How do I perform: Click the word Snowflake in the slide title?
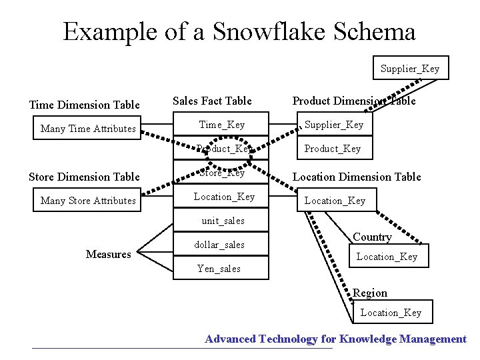(266, 31)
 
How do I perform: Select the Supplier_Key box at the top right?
(410, 69)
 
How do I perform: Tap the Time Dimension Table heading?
(85, 105)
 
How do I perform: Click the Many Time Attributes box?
(88, 129)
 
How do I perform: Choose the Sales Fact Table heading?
(212, 101)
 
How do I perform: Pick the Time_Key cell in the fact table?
(222, 125)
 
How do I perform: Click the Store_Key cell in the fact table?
(222, 173)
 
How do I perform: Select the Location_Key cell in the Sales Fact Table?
(224, 197)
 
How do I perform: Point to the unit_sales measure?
(223, 221)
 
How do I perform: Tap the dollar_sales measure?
(219, 245)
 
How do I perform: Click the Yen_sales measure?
(219, 269)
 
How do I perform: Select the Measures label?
(109, 254)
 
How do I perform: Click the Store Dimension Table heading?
(85, 177)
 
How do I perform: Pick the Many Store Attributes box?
(88, 201)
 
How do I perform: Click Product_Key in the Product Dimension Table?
(333, 149)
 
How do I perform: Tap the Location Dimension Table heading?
(357, 177)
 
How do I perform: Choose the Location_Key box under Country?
(387, 257)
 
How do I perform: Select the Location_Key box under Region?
(391, 313)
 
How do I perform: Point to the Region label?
(370, 293)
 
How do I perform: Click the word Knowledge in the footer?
(367, 339)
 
